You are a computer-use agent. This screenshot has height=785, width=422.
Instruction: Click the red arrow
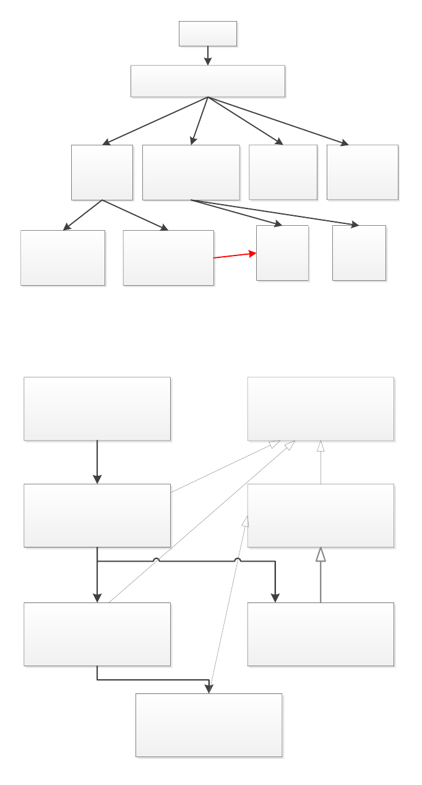(x=235, y=255)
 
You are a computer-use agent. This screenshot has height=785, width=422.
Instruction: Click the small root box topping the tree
(x=208, y=33)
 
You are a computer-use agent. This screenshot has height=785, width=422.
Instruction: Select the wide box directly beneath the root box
(x=208, y=81)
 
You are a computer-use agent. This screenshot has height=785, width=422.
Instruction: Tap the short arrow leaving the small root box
(x=208, y=55)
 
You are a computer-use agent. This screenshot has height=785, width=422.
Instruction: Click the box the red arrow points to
(x=282, y=253)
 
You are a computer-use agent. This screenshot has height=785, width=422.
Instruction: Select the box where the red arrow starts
(x=168, y=258)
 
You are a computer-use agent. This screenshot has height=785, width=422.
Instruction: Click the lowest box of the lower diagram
(x=209, y=725)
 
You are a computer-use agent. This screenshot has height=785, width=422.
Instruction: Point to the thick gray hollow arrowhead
(x=321, y=554)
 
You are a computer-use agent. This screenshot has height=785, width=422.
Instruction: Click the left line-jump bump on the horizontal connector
(x=157, y=560)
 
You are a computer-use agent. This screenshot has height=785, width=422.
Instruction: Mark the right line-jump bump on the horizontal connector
(x=238, y=560)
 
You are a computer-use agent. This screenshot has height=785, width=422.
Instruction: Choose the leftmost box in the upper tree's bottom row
(x=62, y=258)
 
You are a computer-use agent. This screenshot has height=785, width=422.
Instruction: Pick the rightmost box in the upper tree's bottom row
(x=359, y=253)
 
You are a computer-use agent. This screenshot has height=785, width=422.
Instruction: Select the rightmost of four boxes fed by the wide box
(x=362, y=172)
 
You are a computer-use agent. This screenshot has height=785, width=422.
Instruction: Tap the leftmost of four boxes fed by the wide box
(x=102, y=172)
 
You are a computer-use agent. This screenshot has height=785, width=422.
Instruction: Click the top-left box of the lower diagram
(x=97, y=409)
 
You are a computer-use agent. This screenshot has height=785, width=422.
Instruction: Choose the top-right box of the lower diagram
(x=321, y=409)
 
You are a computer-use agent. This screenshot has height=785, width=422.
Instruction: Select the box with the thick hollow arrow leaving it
(x=321, y=634)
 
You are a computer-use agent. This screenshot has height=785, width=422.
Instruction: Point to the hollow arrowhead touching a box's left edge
(x=246, y=521)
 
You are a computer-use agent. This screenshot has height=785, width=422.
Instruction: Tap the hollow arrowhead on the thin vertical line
(x=321, y=445)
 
